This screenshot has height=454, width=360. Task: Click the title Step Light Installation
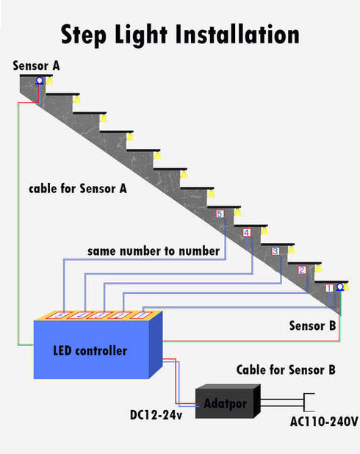click(x=180, y=35)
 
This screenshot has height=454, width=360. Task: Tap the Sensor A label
click(x=36, y=65)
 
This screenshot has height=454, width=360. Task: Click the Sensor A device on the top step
click(x=40, y=80)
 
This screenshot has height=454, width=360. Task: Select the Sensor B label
click(x=312, y=325)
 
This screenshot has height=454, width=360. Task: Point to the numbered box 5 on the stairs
click(x=219, y=214)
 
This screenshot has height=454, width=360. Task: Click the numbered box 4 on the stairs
click(x=246, y=233)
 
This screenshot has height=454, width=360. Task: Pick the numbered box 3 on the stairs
click(x=276, y=251)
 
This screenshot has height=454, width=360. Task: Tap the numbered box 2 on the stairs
click(x=302, y=270)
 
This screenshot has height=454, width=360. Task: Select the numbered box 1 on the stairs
click(x=328, y=288)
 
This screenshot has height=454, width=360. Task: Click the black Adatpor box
click(x=225, y=403)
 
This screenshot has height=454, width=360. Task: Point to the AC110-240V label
click(x=323, y=422)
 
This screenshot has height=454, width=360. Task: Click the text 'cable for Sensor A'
click(x=78, y=189)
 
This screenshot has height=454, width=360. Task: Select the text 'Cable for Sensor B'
click(x=286, y=370)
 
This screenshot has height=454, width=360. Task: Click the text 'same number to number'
click(x=154, y=251)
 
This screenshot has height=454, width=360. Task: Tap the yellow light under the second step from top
click(x=77, y=98)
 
